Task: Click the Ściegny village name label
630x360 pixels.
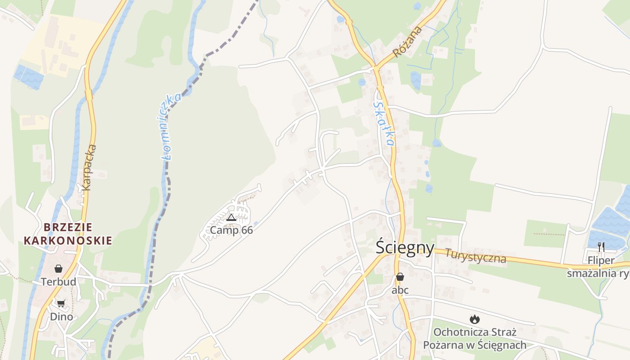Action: pyautogui.click(x=405, y=248)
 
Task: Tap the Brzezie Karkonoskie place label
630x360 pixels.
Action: pyautogui.click(x=67, y=234)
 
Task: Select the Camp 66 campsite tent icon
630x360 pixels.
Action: pyautogui.click(x=231, y=218)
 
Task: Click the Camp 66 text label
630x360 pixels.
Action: pyautogui.click(x=231, y=230)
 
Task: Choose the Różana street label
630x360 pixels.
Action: pyautogui.click(x=408, y=42)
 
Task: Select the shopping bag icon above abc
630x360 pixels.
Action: pyautogui.click(x=400, y=277)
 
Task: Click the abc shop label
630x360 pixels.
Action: pyautogui.click(x=400, y=290)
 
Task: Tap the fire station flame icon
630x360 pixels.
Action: pyautogui.click(x=474, y=319)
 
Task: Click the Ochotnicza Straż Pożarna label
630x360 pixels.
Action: pyautogui.click(x=475, y=339)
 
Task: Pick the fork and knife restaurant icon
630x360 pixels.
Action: pyautogui.click(x=601, y=247)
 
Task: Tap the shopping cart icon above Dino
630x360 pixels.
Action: pyautogui.click(x=61, y=304)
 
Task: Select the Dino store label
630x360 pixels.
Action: pyautogui.click(x=61, y=317)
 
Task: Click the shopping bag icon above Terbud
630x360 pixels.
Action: pyautogui.click(x=58, y=269)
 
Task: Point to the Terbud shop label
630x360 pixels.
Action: pyautogui.click(x=58, y=282)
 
